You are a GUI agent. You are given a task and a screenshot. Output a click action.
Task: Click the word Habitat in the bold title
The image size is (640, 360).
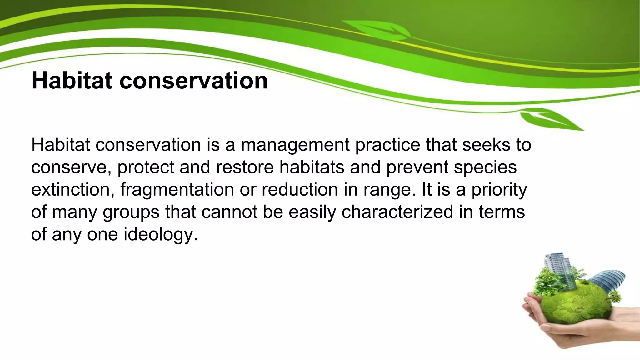(72, 81)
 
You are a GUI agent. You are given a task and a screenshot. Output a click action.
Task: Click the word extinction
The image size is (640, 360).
(72, 190)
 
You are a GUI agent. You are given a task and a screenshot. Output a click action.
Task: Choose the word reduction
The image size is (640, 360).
(300, 190)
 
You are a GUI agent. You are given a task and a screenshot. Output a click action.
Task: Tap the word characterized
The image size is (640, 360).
(397, 212)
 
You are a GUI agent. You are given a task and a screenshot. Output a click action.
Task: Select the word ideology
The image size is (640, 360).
(160, 235)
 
